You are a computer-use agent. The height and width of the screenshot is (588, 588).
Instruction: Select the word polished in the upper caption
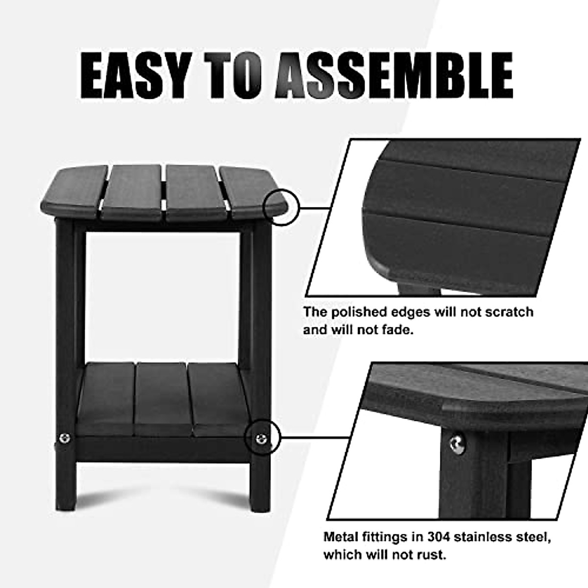point(362,312)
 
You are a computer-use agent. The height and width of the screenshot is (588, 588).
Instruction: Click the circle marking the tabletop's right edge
point(280,208)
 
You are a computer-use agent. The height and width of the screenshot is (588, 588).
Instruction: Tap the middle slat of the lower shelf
point(161,399)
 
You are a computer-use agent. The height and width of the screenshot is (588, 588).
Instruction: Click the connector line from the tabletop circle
point(314,208)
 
